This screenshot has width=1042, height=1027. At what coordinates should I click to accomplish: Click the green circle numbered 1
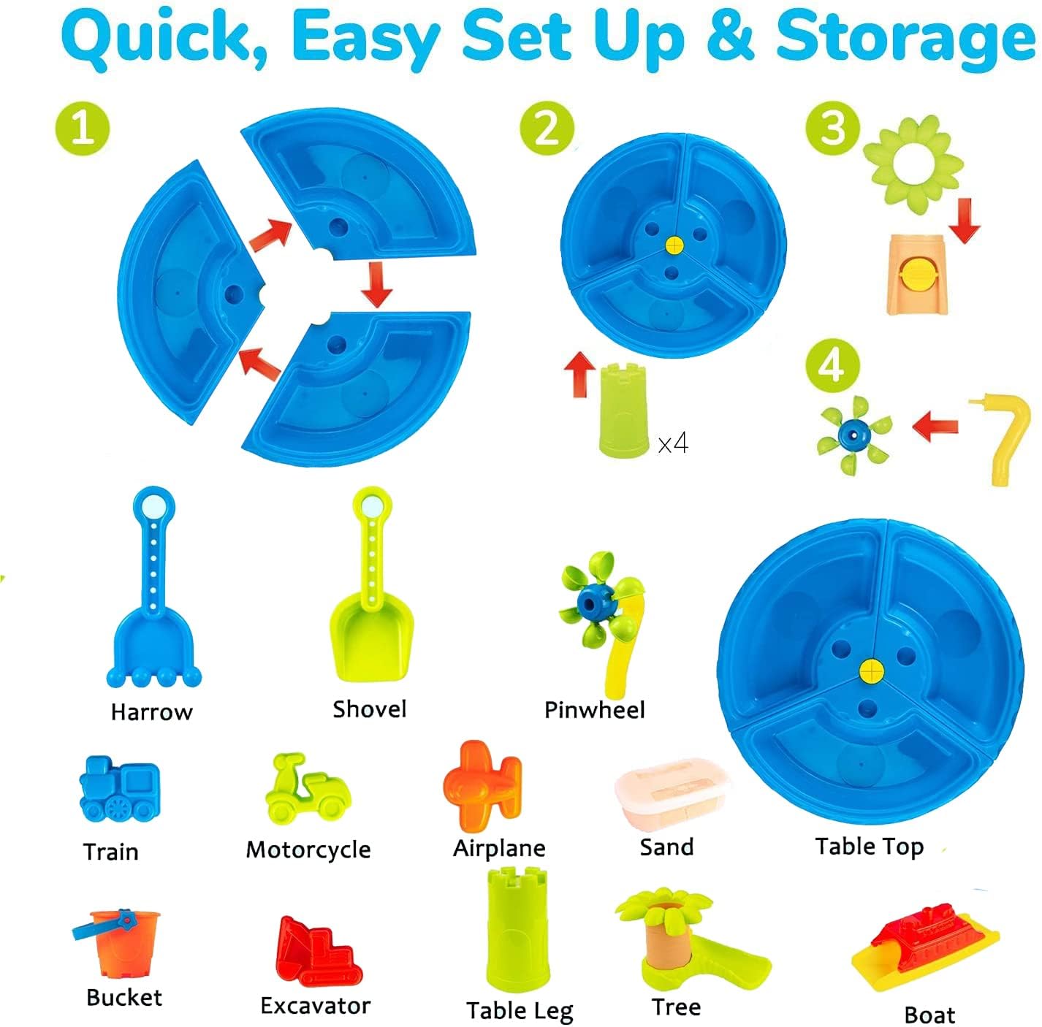click(83, 129)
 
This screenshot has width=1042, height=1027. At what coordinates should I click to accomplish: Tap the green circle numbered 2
click(547, 129)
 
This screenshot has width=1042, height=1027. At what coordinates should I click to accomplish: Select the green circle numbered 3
click(833, 128)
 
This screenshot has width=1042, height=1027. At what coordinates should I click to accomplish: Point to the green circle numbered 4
click(833, 366)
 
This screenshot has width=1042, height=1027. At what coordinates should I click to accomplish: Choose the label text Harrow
click(151, 712)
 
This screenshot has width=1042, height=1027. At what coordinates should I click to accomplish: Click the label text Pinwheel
click(595, 710)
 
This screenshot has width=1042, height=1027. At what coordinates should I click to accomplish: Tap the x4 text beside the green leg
click(673, 443)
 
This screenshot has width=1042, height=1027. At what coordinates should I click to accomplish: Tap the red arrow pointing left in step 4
click(935, 427)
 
